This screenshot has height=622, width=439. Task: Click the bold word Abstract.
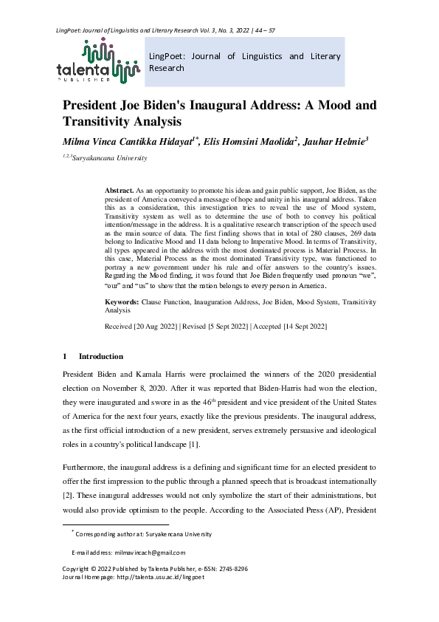pos(120,191)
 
